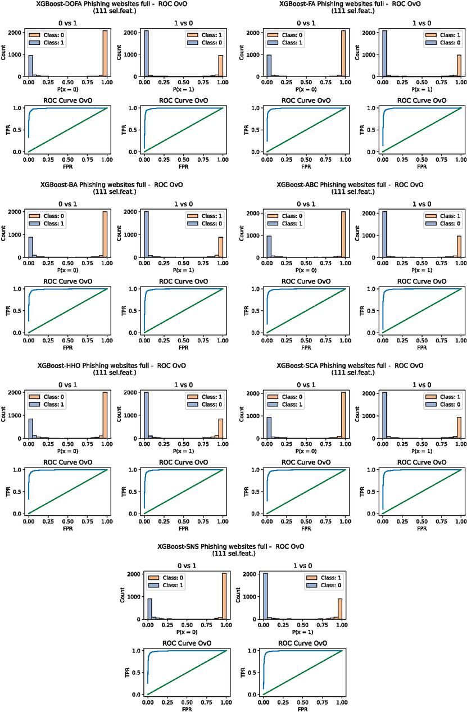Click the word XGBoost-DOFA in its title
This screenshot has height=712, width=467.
click(60, 4)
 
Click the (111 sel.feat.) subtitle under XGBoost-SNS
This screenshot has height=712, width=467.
click(234, 554)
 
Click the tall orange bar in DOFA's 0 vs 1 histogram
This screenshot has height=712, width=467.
click(105, 53)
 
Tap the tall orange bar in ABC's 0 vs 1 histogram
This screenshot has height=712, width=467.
click(343, 234)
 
